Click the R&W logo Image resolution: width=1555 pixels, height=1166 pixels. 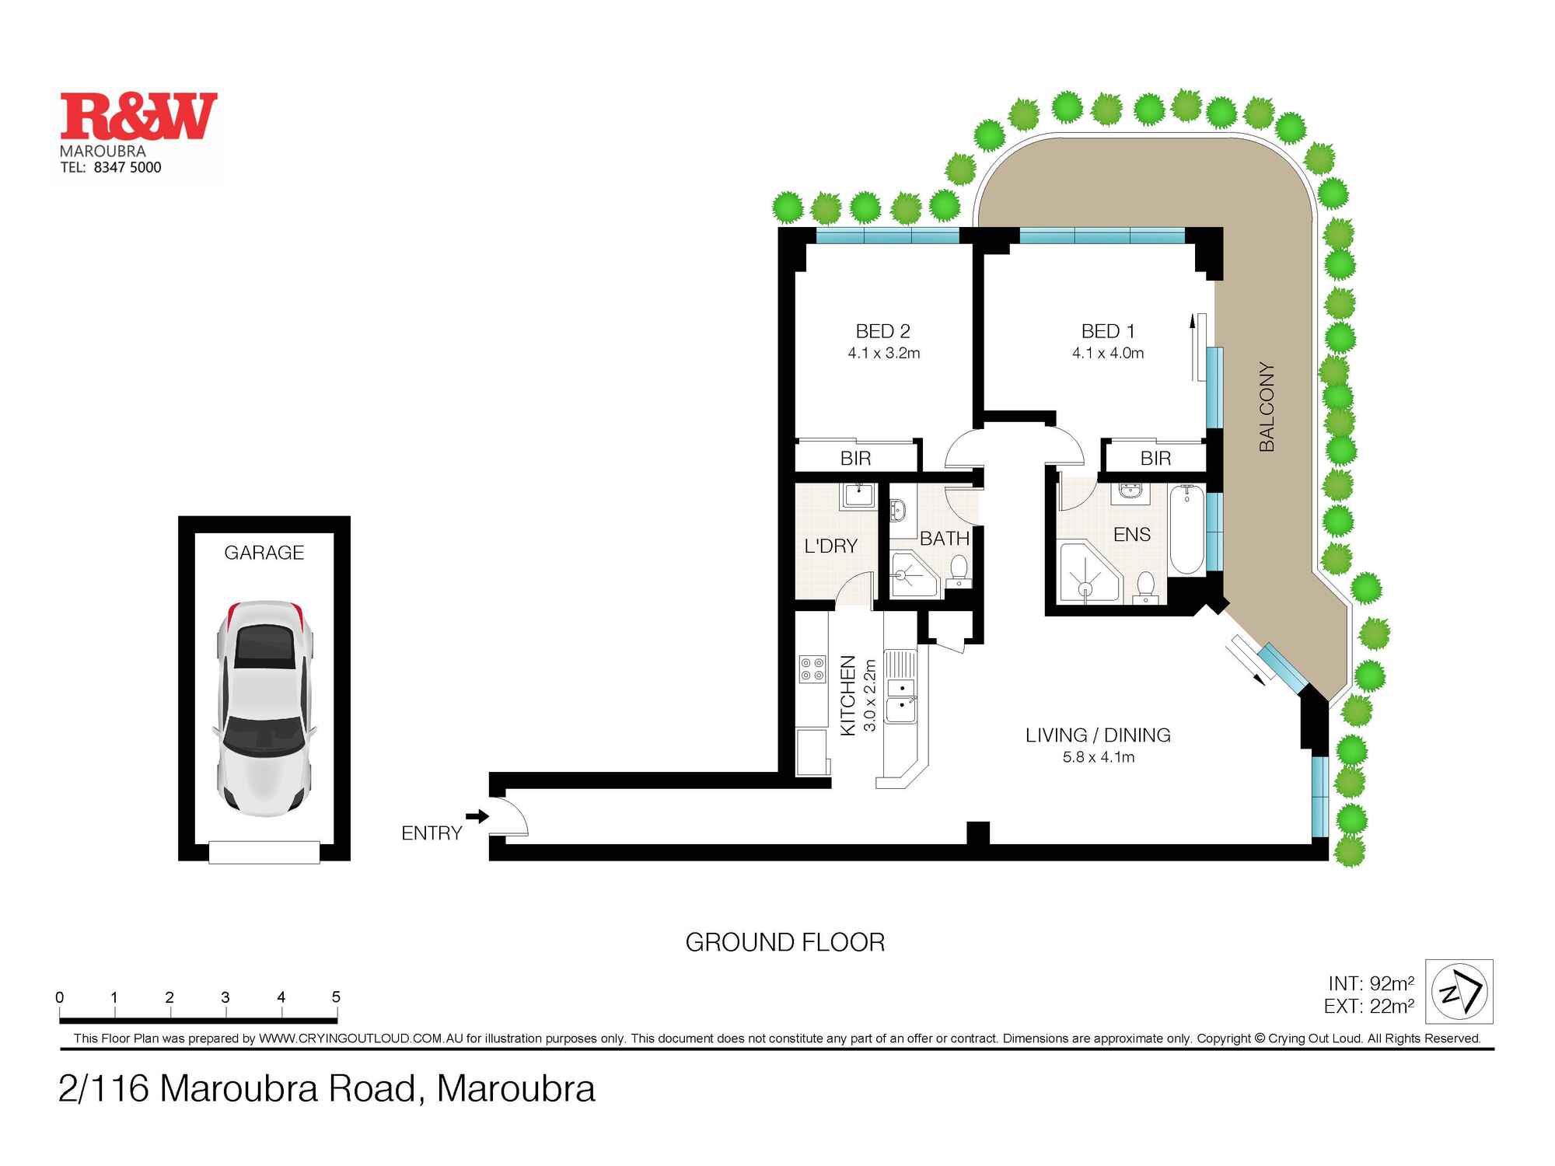[x=138, y=117]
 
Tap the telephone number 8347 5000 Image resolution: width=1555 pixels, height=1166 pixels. [x=127, y=167]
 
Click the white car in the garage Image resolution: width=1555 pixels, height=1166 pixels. [x=264, y=707]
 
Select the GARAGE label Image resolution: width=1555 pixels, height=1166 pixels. [x=264, y=553]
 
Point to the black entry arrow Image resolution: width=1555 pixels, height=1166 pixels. [x=477, y=816]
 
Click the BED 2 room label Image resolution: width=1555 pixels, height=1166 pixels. [x=882, y=331]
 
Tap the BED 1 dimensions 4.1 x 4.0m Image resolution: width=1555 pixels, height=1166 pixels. [x=1107, y=353]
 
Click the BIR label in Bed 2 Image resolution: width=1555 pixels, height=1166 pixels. [x=855, y=459]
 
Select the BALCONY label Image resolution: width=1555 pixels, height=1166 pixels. [x=1267, y=407]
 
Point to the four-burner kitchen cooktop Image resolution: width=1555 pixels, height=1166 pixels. [x=812, y=670]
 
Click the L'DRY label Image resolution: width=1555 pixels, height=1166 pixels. [x=830, y=546]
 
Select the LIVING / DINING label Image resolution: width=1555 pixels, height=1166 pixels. [x=1097, y=735]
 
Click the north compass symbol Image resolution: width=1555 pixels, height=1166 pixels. [x=1459, y=991]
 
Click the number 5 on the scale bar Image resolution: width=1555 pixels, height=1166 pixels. [x=336, y=997]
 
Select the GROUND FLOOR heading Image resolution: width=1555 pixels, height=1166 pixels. [x=784, y=943]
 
